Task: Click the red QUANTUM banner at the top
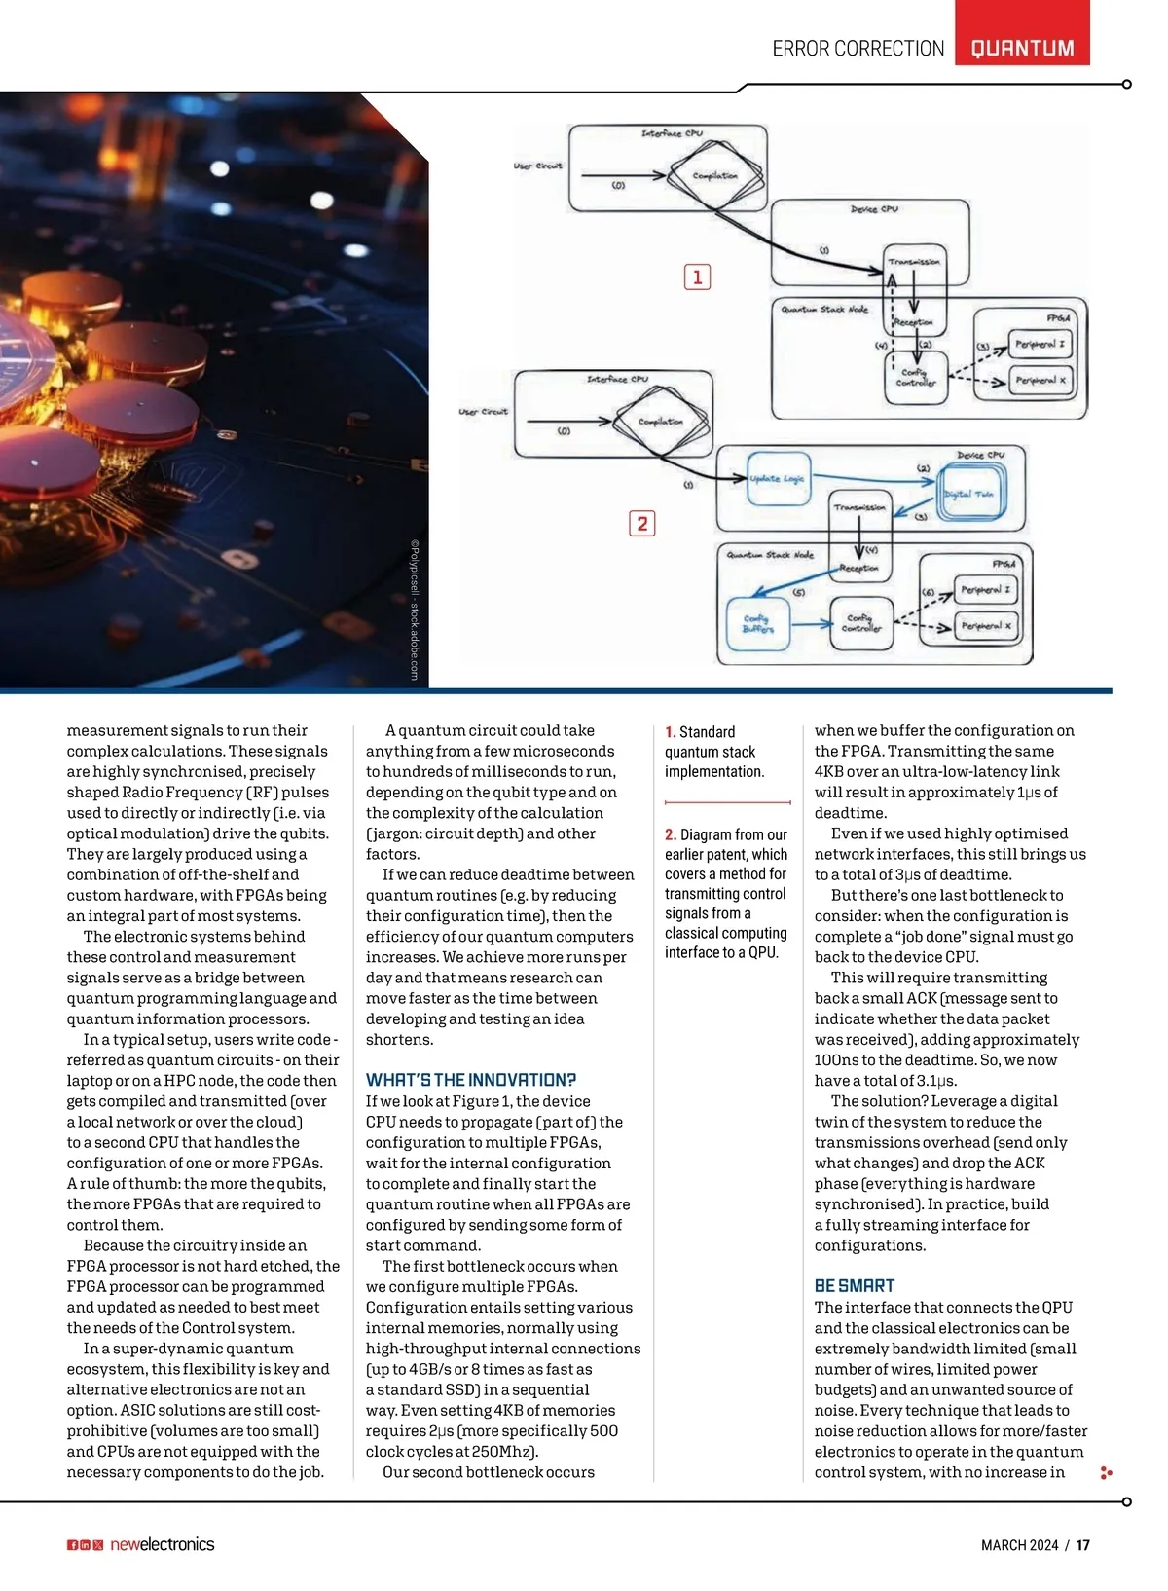(x=1022, y=48)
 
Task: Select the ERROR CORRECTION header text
(x=858, y=49)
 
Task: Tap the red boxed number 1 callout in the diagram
(x=697, y=277)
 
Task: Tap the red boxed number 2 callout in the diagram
(x=641, y=524)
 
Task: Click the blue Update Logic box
(x=779, y=478)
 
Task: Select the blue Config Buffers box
(x=757, y=623)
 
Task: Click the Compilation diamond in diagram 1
(x=714, y=176)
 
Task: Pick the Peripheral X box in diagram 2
(x=986, y=626)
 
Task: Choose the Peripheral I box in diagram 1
(x=1040, y=344)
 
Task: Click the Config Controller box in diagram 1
(x=915, y=378)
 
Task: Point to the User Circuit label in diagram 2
(x=483, y=412)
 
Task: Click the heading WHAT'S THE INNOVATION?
(x=471, y=1080)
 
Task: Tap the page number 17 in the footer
(x=1083, y=1545)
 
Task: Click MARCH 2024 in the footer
(x=1019, y=1545)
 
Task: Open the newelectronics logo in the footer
(x=162, y=1544)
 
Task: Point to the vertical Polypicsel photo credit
(x=414, y=610)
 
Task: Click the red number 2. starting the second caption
(x=671, y=834)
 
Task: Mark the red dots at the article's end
(x=1105, y=1473)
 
